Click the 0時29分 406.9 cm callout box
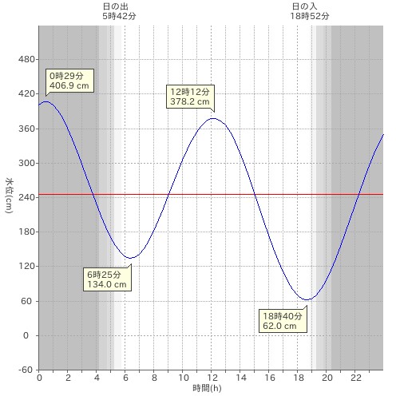pyautogui.click(x=69, y=81)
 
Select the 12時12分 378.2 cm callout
pyautogui.click(x=190, y=97)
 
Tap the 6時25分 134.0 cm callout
pyautogui.click(x=107, y=279)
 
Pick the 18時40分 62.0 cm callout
pyautogui.click(x=283, y=321)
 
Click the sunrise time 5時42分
pyautogui.click(x=119, y=16)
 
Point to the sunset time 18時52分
pyautogui.click(x=310, y=16)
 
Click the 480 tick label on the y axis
pyautogui.click(x=26, y=59)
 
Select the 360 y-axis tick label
pyautogui.click(x=26, y=129)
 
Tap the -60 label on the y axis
pyautogui.click(x=26, y=370)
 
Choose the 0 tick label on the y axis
pyautogui.click(x=26, y=335)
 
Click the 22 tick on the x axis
pyautogui.click(x=355, y=378)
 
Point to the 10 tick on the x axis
pyautogui.click(x=183, y=378)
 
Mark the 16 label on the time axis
pyautogui.click(x=269, y=378)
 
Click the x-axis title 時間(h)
pyautogui.click(x=207, y=388)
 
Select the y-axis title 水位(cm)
pyautogui.click(x=10, y=196)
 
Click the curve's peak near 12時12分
pyautogui.click(x=214, y=118)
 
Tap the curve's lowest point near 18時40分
pyautogui.click(x=307, y=299)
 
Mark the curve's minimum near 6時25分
pyautogui.click(x=130, y=258)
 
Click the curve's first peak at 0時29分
pyautogui.click(x=46, y=101)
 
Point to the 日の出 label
pyautogui.click(x=116, y=6)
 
